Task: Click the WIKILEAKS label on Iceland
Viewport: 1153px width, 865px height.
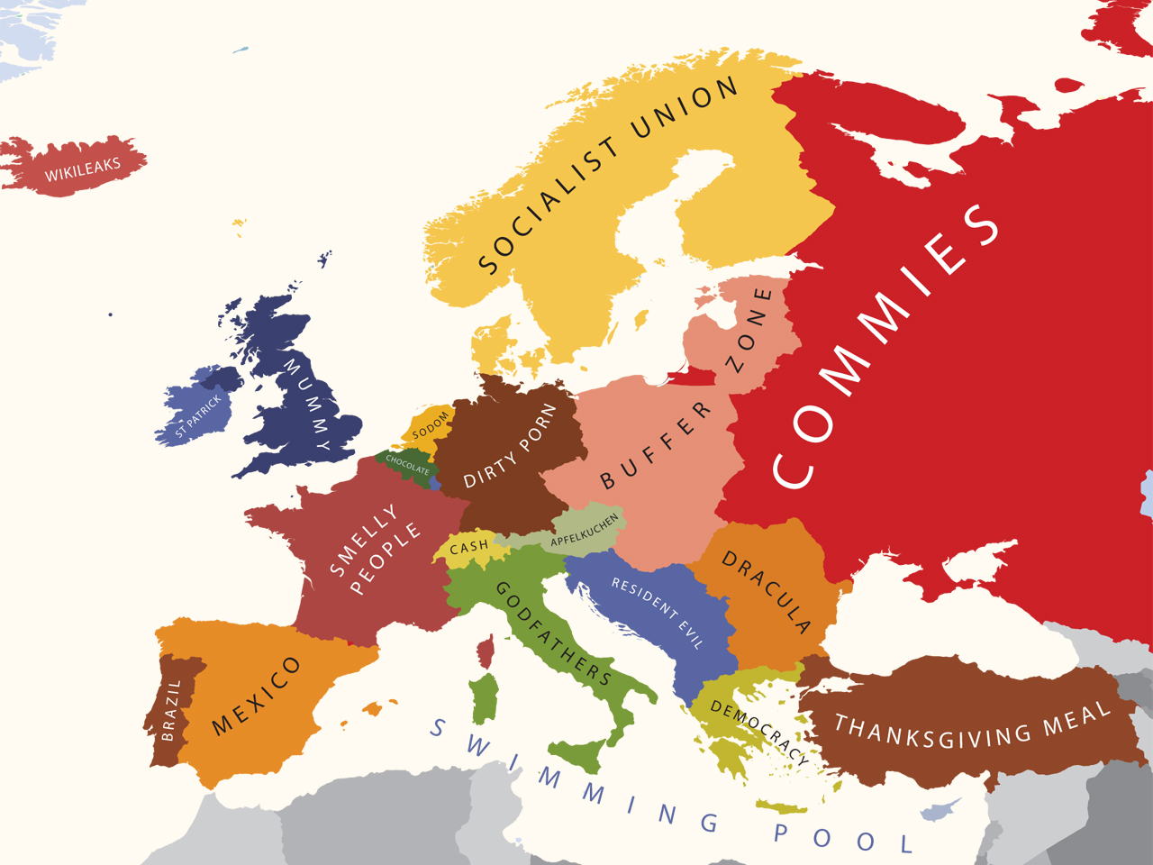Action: [83, 168]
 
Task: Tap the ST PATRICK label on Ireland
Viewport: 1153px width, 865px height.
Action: [199, 416]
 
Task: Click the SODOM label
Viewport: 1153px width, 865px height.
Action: [431, 425]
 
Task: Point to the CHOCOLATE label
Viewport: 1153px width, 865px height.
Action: [407, 464]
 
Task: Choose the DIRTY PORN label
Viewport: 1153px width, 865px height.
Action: [510, 446]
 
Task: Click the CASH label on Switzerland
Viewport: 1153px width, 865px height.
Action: [468, 546]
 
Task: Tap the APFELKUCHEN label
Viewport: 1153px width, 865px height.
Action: [586, 530]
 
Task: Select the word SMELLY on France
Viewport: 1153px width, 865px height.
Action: [363, 540]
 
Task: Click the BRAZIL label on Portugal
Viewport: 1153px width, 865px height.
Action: [170, 710]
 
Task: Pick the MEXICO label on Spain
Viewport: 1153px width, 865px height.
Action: [256, 696]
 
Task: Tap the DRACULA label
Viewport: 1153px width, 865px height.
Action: [767, 592]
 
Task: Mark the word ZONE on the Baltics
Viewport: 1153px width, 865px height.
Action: [749, 330]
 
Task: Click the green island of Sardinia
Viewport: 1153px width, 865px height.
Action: [485, 698]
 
